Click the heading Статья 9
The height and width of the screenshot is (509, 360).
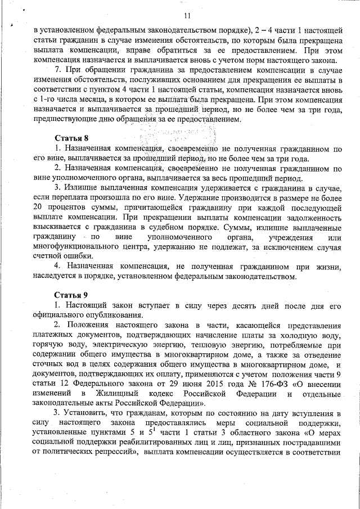click(x=71, y=295)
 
